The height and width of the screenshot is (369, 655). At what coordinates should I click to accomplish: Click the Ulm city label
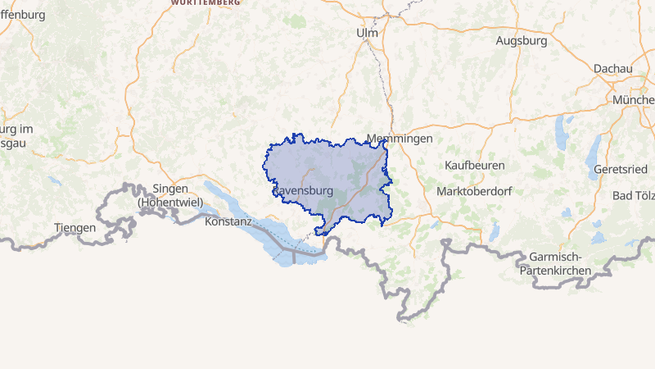tap(368, 33)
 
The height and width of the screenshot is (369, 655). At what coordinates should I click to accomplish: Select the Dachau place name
tap(613, 69)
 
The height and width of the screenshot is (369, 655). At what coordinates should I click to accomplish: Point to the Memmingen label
tap(400, 139)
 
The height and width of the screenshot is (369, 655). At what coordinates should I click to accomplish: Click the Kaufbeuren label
tap(474, 165)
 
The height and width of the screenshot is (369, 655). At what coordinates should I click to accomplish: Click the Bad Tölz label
tap(634, 195)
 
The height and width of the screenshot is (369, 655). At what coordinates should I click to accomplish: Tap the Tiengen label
tap(75, 227)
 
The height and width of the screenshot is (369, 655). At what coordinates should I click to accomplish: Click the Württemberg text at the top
tap(206, 3)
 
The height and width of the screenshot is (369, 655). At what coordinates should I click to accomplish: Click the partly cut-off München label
tap(634, 99)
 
